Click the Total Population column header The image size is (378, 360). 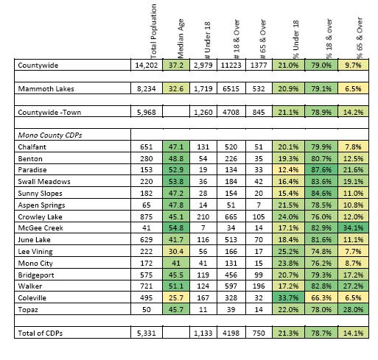click(x=153, y=32)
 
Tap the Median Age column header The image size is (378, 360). click(x=181, y=39)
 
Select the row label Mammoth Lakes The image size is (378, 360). click(x=46, y=88)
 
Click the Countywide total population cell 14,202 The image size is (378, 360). click(x=147, y=66)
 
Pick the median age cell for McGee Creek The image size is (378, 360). click(x=176, y=228)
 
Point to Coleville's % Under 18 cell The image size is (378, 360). click(x=288, y=297)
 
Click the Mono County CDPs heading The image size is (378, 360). click(x=50, y=135)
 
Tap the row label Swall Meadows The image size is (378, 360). click(x=44, y=181)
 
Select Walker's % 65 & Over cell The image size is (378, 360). click(x=353, y=286)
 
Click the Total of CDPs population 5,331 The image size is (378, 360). click(x=147, y=333)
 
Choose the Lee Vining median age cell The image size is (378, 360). click(x=176, y=251)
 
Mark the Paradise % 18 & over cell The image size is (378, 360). click(x=321, y=170)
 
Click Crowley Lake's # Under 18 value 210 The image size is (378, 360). click(x=203, y=217)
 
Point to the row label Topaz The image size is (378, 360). click(x=28, y=309)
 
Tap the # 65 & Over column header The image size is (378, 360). click(x=263, y=39)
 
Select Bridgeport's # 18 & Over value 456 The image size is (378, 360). click(x=231, y=275)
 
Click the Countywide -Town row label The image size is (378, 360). click(x=49, y=112)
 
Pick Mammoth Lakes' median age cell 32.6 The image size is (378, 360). click(x=176, y=88)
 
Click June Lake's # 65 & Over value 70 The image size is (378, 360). click(x=259, y=239)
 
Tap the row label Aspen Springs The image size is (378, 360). click(x=41, y=205)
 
